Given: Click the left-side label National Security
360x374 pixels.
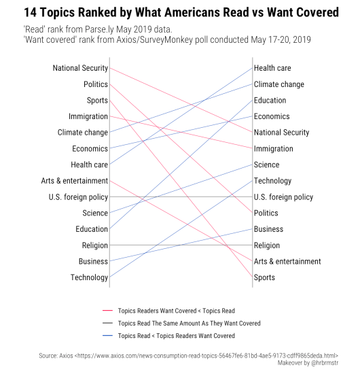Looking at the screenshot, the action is click(80, 68).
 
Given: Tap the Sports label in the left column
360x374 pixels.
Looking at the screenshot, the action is click(97, 101).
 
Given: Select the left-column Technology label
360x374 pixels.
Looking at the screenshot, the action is click(89, 277).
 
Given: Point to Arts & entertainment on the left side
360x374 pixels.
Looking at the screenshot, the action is click(74, 181).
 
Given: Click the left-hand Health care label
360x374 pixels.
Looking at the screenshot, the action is click(90, 165).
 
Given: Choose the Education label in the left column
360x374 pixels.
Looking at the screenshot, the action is click(92, 229).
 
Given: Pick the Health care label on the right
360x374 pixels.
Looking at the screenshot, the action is click(272, 68).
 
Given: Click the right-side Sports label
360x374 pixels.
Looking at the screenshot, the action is click(264, 277).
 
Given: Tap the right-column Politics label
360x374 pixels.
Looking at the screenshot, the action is click(266, 213).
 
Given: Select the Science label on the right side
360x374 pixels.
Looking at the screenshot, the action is click(267, 165).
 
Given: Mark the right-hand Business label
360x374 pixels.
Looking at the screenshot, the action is click(268, 229).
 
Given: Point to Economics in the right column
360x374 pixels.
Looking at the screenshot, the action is click(272, 116).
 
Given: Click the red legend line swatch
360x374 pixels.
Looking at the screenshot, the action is click(107, 311).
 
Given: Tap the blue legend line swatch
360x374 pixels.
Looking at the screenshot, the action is click(107, 336).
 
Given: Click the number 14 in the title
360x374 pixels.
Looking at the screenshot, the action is click(31, 12).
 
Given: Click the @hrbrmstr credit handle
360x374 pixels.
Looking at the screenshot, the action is click(325, 363).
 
